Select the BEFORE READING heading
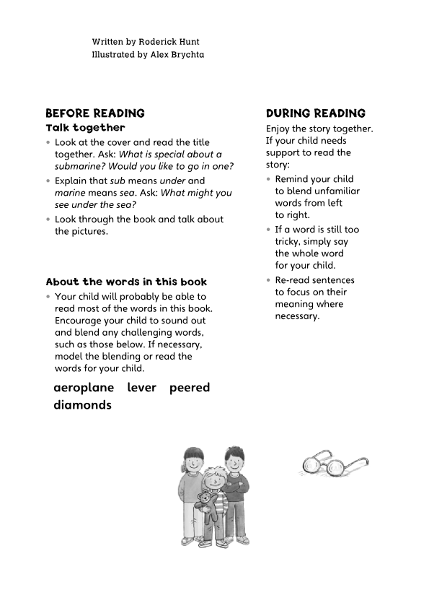pos(95,113)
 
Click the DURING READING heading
pos(316,113)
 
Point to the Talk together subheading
pos(85,128)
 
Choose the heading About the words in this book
pos(126,282)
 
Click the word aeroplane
pos(84,388)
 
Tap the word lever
pos(142,388)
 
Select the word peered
pos(190,388)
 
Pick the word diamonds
pos(82,406)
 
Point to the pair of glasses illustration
pos(332,464)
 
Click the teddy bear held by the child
pos(206,502)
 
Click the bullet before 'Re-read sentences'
pos(268,280)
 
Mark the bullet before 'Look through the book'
pos(48,220)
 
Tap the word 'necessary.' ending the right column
pos(297,316)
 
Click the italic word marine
pos(71,194)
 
